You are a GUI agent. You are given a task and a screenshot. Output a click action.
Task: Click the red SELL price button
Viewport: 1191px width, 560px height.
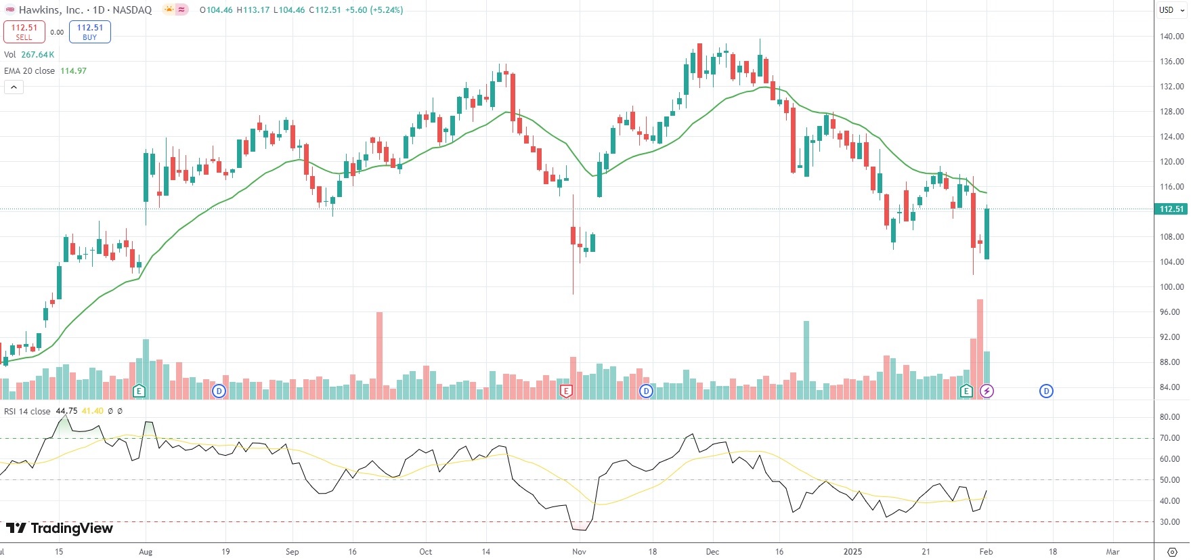tap(24, 32)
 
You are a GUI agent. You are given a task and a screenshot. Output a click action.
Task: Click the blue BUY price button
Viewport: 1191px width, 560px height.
tap(90, 32)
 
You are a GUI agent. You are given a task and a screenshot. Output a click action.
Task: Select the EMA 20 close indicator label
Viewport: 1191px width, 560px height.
tap(30, 71)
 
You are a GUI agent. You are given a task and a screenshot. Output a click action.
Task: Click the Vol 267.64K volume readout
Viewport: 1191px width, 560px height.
tap(29, 55)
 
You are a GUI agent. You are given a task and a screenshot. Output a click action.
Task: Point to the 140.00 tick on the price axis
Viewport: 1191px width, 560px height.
tap(1171, 37)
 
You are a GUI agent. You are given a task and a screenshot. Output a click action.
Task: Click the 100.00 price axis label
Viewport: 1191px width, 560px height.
tap(1171, 287)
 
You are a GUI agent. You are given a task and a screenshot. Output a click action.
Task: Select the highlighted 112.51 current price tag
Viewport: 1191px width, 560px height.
tap(1171, 209)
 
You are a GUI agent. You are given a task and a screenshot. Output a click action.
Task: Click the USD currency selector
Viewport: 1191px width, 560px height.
tap(1166, 10)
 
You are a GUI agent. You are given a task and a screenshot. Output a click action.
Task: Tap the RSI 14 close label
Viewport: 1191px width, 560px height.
tap(28, 412)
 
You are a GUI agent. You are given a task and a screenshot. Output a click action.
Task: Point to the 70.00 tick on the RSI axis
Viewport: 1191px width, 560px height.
tap(1170, 438)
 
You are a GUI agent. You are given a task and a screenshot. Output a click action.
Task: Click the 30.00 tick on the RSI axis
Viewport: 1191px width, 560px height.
tap(1170, 522)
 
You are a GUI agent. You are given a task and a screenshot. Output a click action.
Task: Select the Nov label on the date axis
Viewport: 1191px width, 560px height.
tap(579, 552)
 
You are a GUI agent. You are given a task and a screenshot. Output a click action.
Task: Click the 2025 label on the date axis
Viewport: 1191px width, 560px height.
tap(852, 552)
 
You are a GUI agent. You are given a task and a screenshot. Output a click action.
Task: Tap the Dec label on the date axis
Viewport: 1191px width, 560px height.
tap(712, 552)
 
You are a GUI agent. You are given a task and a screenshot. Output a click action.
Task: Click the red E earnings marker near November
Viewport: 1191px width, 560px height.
tap(566, 391)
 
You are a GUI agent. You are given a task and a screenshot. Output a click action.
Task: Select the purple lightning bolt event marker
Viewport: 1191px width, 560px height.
tap(987, 391)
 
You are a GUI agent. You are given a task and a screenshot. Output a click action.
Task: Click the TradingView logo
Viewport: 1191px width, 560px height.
tap(60, 529)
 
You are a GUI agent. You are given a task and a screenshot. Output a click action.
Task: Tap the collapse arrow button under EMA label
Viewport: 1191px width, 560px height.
tap(14, 87)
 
